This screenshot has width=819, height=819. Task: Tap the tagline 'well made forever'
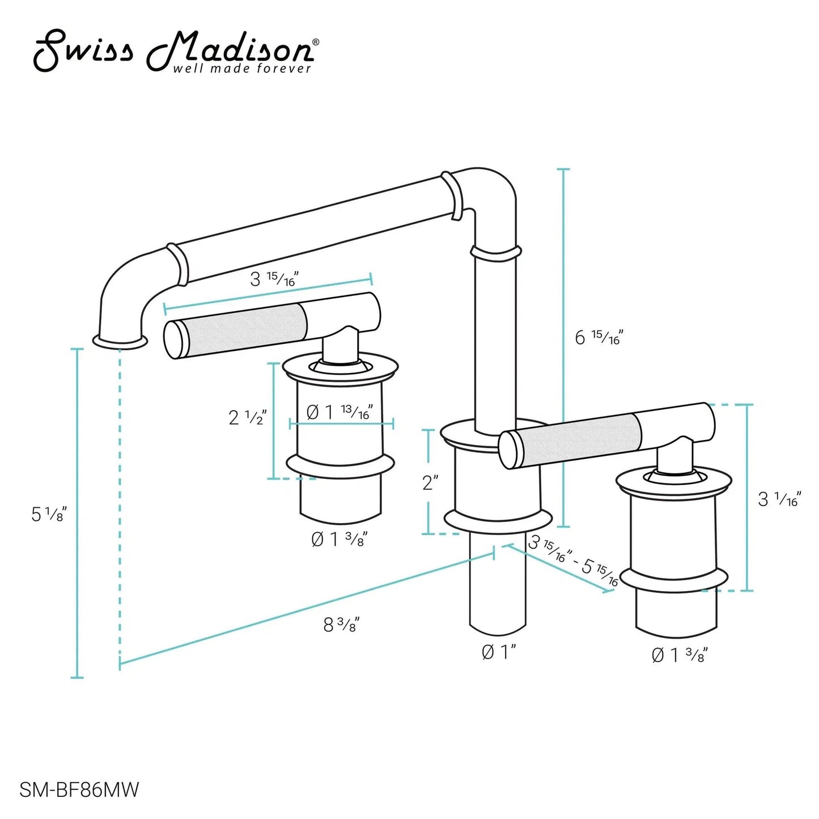tap(241, 69)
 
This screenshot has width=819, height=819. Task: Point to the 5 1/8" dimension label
tap(49, 514)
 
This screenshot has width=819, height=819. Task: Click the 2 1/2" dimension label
tap(247, 417)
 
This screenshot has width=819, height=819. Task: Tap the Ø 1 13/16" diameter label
tap(340, 412)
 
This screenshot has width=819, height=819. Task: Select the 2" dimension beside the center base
tap(430, 482)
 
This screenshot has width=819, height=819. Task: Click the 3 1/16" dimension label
tap(780, 499)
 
